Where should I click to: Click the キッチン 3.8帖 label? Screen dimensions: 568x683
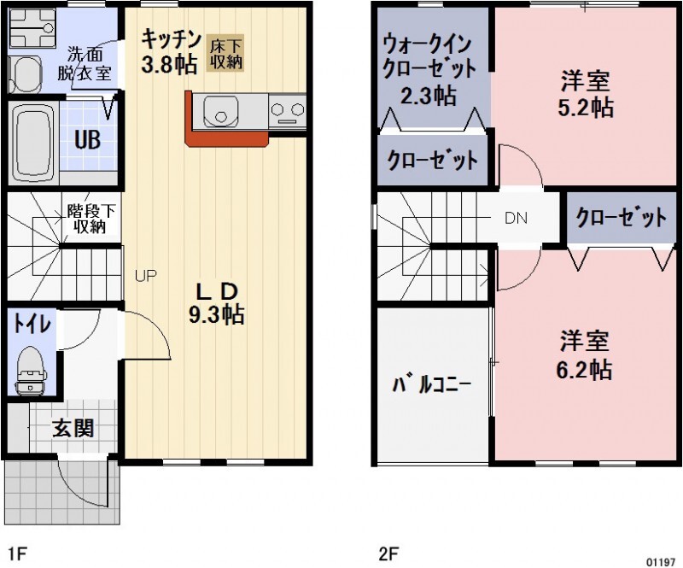(x=171, y=51)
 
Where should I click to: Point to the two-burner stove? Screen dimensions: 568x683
(x=288, y=109)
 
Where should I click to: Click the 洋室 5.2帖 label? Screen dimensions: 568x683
(x=585, y=95)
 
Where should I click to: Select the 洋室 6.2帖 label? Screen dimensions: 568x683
(x=585, y=354)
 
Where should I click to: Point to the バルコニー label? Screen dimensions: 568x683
(x=432, y=384)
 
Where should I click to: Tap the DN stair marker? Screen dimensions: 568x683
(x=516, y=217)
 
